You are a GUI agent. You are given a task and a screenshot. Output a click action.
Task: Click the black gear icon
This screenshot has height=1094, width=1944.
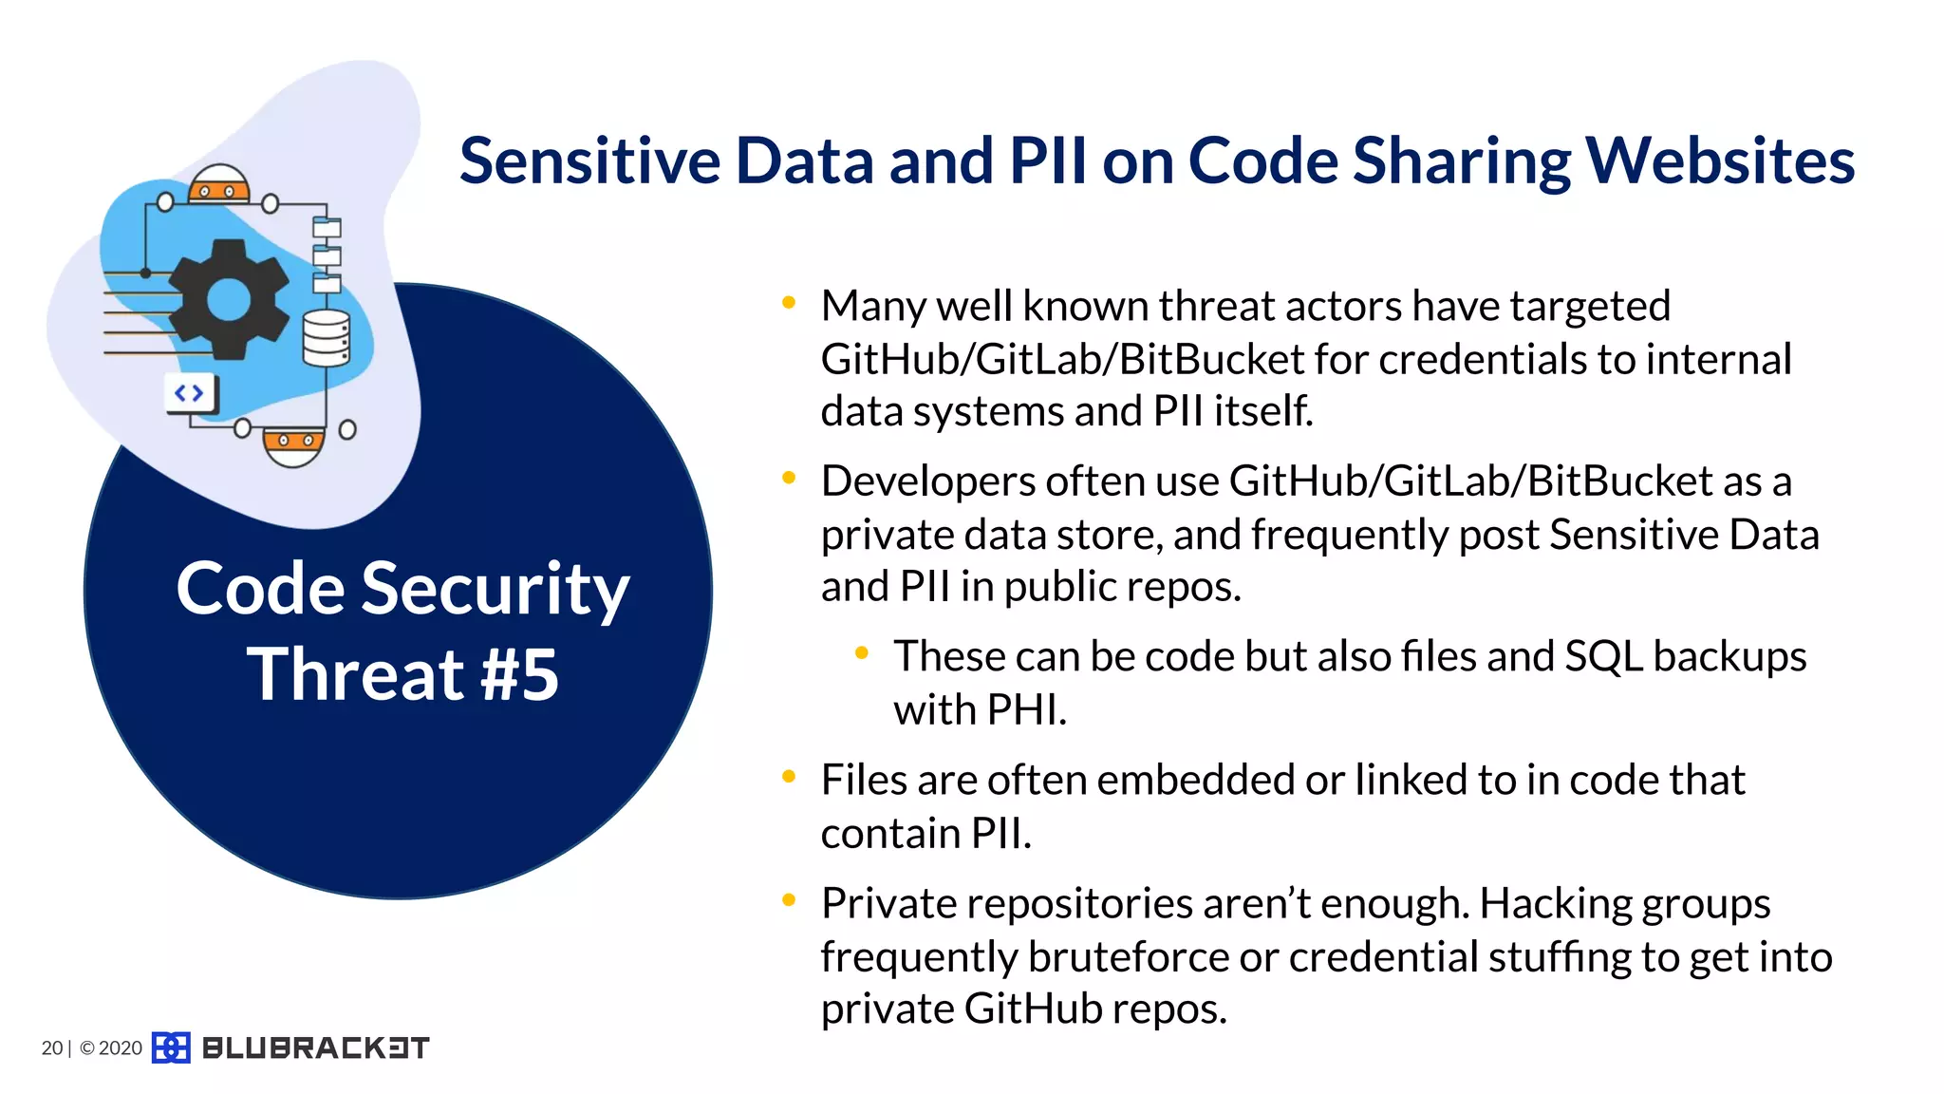click(229, 300)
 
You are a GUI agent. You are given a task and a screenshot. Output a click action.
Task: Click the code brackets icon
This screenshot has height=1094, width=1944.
click(190, 393)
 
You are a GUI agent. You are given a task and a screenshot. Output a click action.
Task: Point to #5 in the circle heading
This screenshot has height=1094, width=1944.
click(519, 674)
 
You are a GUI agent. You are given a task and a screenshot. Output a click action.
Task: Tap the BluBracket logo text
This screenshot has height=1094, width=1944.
click(315, 1047)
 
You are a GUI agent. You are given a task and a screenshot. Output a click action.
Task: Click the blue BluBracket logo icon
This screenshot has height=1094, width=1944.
click(171, 1047)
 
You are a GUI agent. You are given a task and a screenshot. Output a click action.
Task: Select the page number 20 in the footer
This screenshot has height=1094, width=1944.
click(51, 1047)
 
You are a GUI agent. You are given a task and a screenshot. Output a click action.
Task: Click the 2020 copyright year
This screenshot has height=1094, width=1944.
click(121, 1047)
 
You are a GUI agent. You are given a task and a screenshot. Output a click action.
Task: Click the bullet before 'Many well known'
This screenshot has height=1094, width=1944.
click(788, 303)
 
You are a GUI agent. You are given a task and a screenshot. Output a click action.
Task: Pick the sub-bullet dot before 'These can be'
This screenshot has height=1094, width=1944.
click(861, 652)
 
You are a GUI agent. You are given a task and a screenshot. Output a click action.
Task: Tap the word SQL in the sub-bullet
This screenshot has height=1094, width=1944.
click(1603, 656)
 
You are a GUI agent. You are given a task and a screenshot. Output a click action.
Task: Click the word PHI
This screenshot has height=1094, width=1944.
click(1026, 709)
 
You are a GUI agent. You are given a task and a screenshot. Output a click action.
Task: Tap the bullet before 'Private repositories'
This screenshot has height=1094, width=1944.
click(788, 899)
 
